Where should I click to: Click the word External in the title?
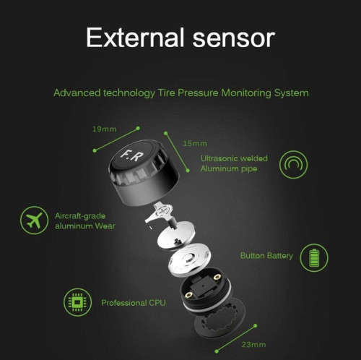point(131,37)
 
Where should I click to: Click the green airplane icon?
point(32,220)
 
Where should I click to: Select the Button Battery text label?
point(266,254)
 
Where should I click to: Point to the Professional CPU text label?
point(134,302)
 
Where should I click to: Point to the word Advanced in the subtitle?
point(76,93)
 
